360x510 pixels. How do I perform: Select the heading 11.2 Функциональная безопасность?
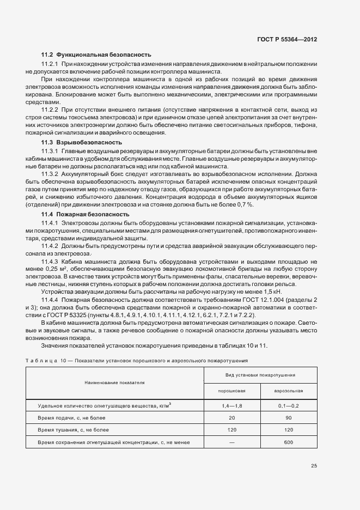pyautogui.click(x=96, y=55)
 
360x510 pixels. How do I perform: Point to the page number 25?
pyautogui.click(x=314, y=466)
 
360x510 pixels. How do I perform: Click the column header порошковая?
pyautogui.click(x=232, y=391)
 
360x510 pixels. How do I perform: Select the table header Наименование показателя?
pyautogui.click(x=114, y=383)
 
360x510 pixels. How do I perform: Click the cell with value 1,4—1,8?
pyautogui.click(x=232, y=405)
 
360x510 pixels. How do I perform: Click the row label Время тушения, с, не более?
pyautogui.click(x=74, y=430)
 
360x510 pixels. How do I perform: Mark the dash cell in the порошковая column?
pyautogui.click(x=232, y=442)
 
